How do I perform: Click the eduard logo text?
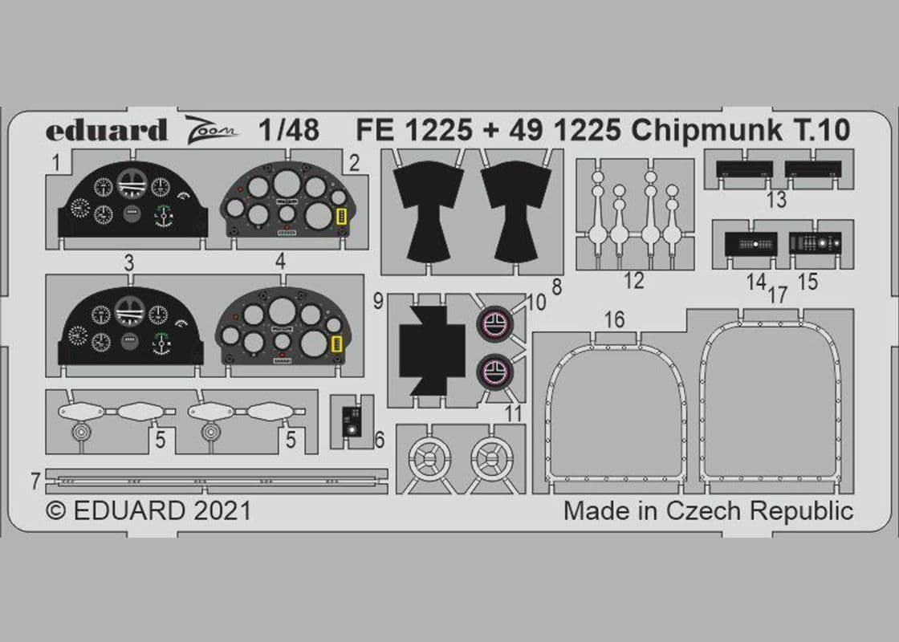[106, 130]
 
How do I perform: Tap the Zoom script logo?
[210, 128]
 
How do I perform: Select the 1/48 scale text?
[288, 130]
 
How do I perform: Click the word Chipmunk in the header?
[706, 132]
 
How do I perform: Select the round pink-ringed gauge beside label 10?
[494, 324]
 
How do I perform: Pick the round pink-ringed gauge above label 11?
[494, 372]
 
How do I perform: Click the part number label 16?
[613, 319]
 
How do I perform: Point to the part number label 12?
[633, 281]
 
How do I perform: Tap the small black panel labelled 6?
[351, 421]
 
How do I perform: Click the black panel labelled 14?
[751, 244]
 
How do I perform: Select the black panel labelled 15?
[815, 244]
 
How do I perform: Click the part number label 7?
[35, 481]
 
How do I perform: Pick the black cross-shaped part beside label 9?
[432, 351]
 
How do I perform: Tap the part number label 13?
[776, 200]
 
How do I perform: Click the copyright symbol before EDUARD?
[55, 510]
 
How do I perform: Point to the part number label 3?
[129, 263]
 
